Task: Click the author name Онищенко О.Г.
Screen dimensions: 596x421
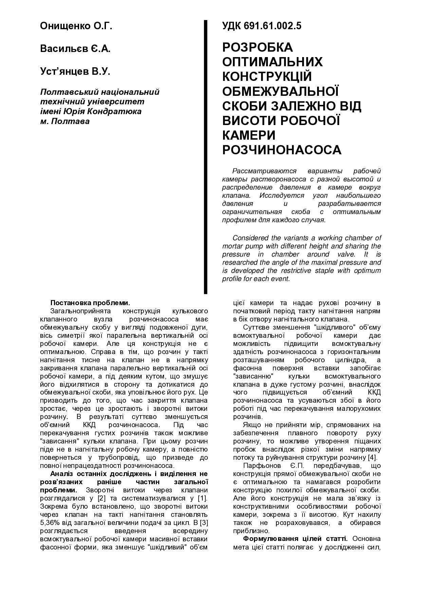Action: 76,26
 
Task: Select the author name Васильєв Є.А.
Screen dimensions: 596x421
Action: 75,49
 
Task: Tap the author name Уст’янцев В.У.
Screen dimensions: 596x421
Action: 75,72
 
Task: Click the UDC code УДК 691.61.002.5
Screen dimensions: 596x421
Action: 262,26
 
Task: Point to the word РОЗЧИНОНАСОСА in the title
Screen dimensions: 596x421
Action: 282,150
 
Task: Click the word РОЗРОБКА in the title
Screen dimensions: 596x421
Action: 257,47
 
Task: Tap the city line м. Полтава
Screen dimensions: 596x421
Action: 65,121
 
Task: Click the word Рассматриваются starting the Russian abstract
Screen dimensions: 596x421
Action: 264,171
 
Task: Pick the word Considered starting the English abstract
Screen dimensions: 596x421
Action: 250,238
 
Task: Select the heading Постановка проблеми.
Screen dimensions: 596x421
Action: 90,303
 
